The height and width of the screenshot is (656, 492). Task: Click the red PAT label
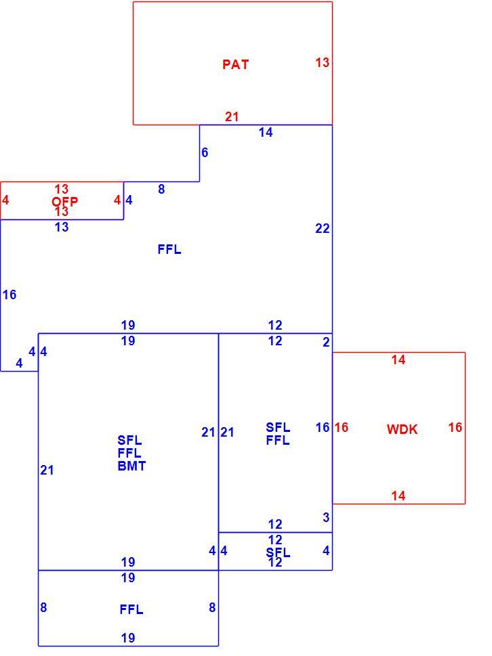click(235, 64)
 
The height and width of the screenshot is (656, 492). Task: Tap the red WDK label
click(402, 429)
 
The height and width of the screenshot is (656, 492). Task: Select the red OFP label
click(64, 202)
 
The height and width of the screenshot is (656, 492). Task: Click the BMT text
click(131, 466)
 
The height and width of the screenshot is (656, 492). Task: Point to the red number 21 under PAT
click(232, 116)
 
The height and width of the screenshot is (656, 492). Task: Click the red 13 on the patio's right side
click(323, 62)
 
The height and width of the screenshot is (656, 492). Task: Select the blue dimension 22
click(323, 228)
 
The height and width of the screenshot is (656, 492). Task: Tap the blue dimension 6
click(205, 153)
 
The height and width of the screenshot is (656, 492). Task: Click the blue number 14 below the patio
click(266, 133)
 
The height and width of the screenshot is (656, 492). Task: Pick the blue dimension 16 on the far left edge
click(9, 295)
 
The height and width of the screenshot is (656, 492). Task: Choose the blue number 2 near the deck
click(326, 343)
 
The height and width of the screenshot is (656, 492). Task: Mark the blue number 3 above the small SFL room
click(326, 517)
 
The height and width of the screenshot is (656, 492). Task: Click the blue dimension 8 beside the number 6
click(161, 190)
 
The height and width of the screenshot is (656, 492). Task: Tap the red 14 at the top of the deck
click(398, 359)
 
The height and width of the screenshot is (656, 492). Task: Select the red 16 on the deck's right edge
click(455, 428)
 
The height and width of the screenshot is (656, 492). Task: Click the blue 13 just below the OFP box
click(62, 227)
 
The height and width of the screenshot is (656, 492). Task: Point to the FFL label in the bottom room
click(131, 609)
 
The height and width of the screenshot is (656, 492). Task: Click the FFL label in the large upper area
click(169, 250)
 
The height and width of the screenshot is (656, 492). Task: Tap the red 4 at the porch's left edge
click(5, 200)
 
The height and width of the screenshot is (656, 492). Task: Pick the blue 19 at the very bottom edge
click(128, 638)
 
